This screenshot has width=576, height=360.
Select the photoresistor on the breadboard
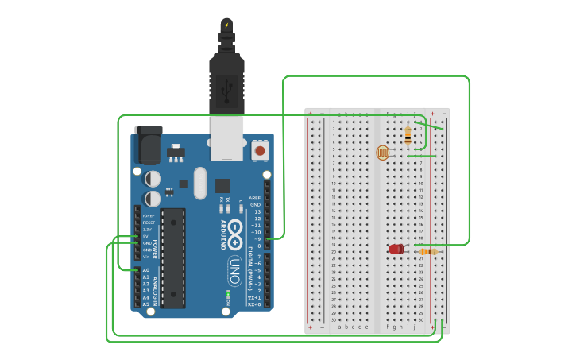pos(383,152)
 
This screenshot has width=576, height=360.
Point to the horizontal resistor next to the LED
pos(427,252)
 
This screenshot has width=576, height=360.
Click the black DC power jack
pos(148,143)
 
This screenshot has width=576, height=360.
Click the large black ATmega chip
pos(173,257)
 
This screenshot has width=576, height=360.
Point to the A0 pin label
pos(146,270)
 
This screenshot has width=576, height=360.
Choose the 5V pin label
pos(146,236)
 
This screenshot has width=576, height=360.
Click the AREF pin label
pos(255,198)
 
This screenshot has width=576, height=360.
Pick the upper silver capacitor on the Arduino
pos(153,179)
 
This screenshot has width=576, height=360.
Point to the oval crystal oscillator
pos(199,183)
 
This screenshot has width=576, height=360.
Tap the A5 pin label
pos(146,304)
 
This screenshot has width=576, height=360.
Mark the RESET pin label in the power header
pos(149,223)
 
